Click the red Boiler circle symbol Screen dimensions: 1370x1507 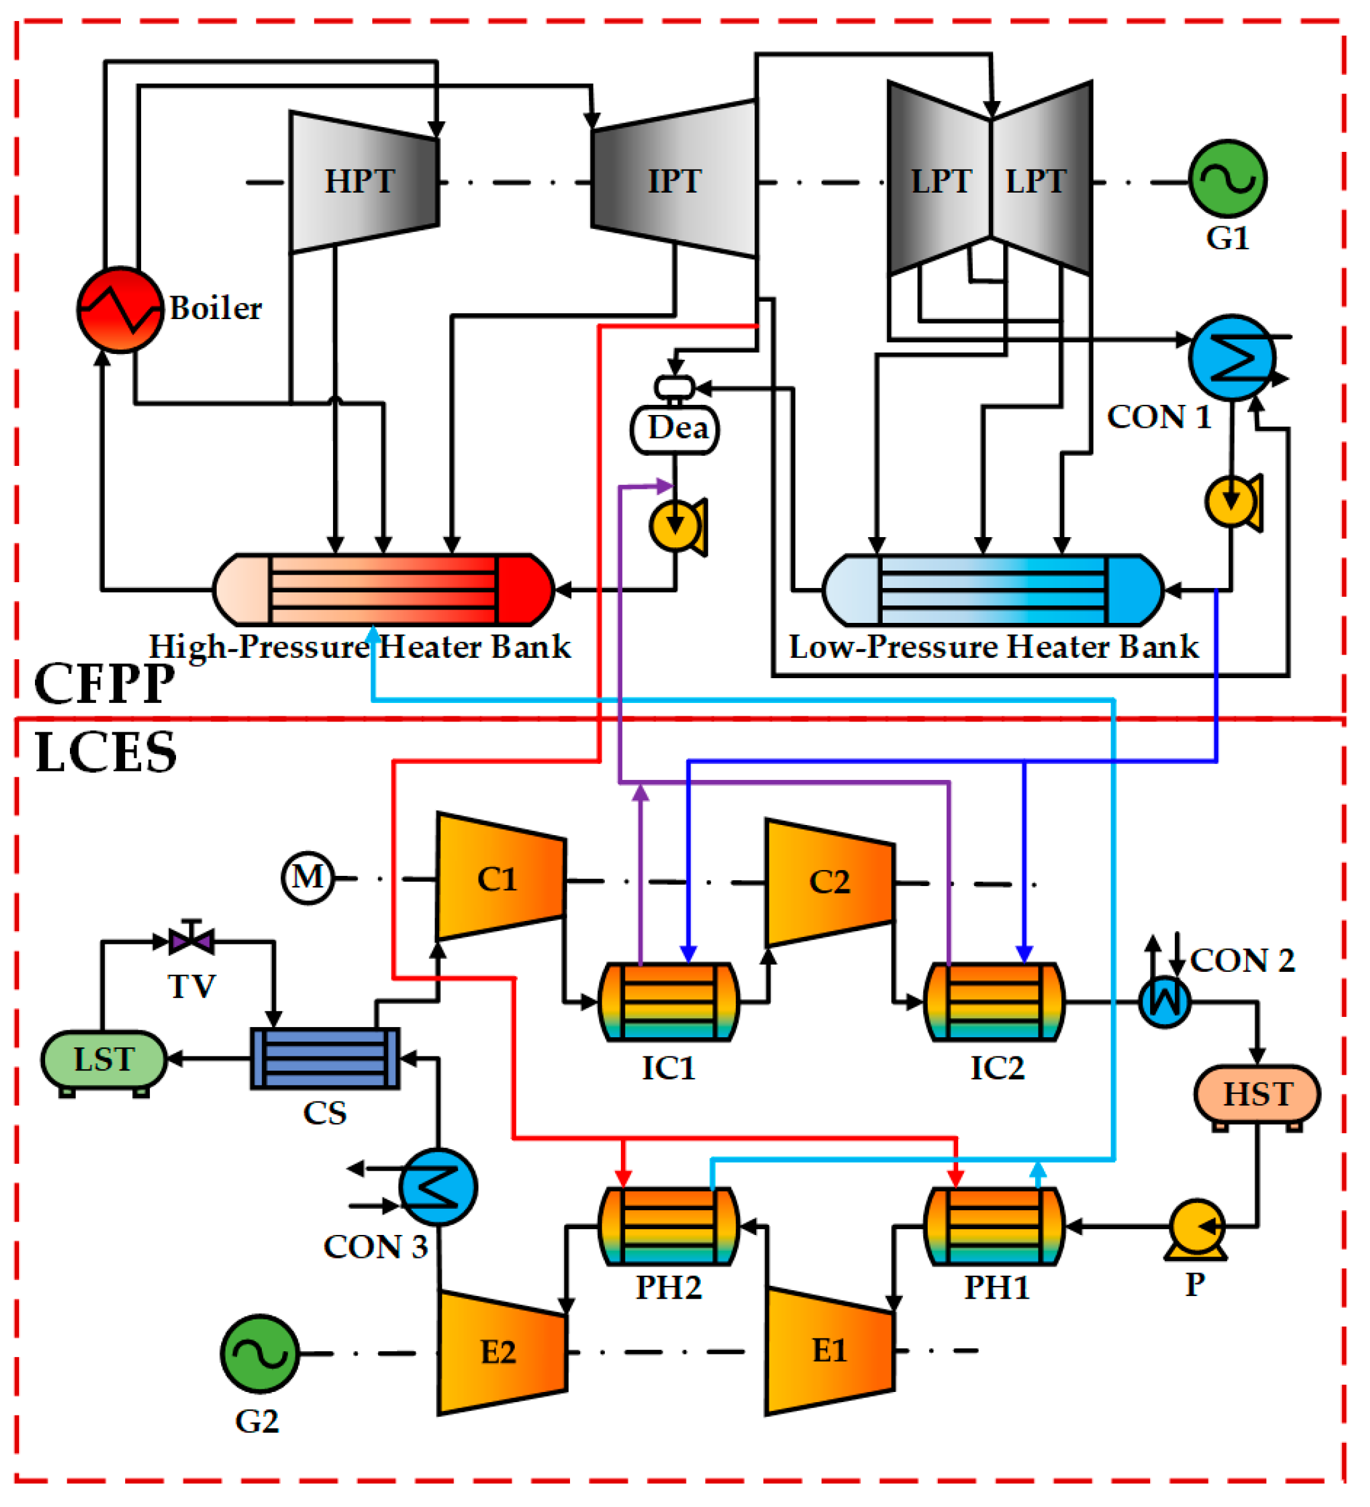120,310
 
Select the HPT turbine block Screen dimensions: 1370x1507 364,182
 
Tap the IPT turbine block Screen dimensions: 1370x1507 674,179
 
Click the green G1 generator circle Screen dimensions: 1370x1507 1228,179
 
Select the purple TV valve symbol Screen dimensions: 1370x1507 192,939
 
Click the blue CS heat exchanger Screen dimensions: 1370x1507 325,1058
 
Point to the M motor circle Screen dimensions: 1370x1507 308,878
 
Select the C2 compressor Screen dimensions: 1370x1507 830,882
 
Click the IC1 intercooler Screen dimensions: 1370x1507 669,1002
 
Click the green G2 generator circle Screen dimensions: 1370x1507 259,1354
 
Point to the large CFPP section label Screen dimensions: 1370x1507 105,683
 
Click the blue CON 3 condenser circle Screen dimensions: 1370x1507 438,1187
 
